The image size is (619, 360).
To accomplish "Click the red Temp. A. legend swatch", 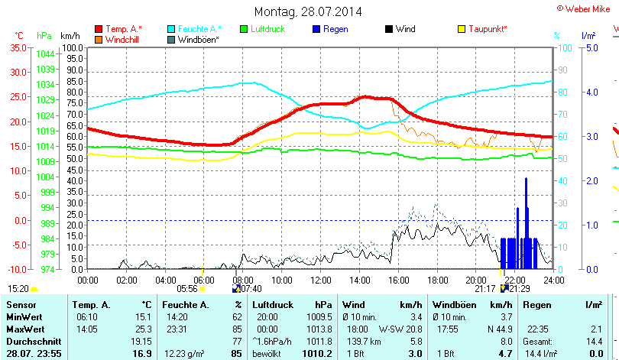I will pos(99,29).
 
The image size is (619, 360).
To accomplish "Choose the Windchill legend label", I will pos(122,39).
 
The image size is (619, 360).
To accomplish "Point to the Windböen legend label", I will pos(199,39).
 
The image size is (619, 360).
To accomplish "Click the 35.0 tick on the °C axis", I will pos(17,47).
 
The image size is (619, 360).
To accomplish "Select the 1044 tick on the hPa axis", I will pos(45,54).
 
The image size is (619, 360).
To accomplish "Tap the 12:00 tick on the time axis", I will pos(319,280).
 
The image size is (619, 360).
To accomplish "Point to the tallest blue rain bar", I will pos(526,222).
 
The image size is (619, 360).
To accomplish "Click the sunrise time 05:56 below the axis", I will pos(187,289).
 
